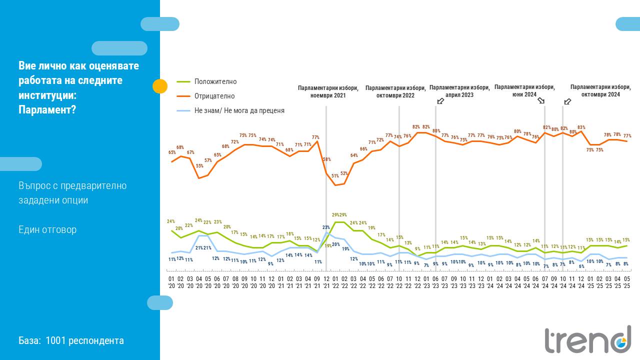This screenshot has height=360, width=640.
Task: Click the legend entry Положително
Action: (215, 81)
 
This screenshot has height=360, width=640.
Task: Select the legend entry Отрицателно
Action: (214, 96)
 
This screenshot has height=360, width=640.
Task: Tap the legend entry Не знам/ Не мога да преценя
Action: (239, 110)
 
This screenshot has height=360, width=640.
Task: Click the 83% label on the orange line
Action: (581, 127)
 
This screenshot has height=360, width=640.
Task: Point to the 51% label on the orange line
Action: (335, 176)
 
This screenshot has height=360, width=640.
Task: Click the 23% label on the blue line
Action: (326, 227)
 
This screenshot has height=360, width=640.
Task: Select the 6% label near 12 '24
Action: (581, 266)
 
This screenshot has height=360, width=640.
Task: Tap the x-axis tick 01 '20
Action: (171, 282)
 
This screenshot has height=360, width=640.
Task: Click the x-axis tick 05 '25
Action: (626, 282)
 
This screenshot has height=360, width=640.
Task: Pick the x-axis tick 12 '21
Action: (326, 282)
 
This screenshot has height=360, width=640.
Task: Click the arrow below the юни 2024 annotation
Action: (541, 100)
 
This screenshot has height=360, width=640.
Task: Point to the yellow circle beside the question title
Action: (160, 86)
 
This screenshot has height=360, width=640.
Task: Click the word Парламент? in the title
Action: (47, 109)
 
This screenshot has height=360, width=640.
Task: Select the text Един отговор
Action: (47, 229)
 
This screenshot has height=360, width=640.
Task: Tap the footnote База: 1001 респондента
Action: (71, 340)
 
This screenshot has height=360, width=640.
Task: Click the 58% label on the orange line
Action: (326, 159)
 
